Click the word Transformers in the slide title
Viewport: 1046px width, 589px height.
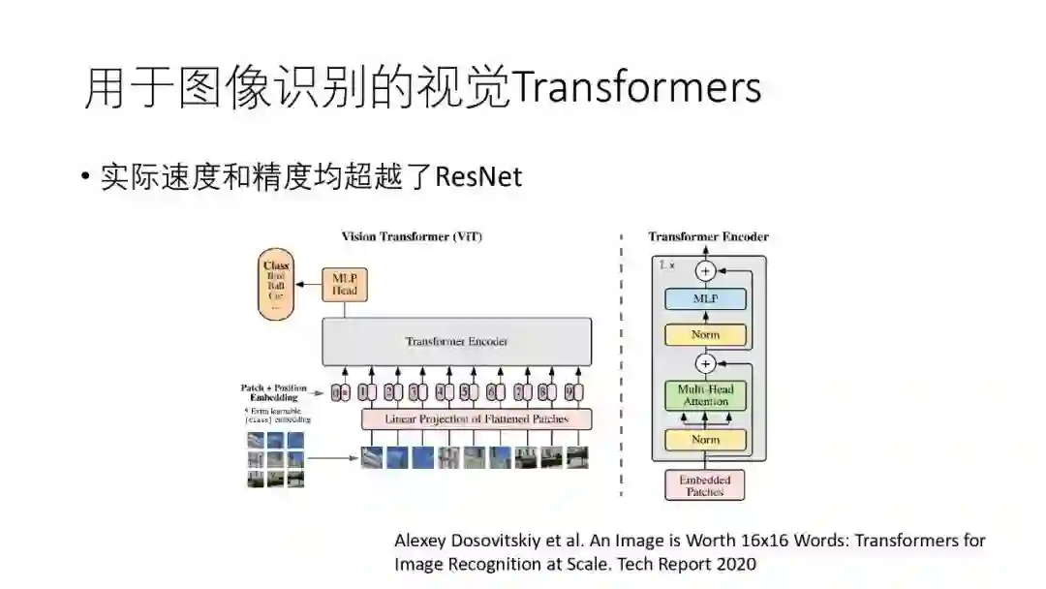(636, 88)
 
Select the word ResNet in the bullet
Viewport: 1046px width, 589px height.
(478, 177)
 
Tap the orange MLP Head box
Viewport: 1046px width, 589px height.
(345, 284)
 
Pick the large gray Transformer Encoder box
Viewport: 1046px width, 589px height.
(456, 341)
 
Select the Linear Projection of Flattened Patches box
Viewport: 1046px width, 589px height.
(476, 419)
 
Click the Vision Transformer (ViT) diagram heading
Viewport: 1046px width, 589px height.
(412, 236)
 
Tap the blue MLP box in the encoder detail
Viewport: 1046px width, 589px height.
(705, 299)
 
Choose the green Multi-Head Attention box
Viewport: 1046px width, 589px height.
(705, 395)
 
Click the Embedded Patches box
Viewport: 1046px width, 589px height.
(705, 484)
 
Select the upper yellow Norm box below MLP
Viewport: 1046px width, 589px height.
(705, 335)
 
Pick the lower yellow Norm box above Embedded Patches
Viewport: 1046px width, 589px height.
(705, 440)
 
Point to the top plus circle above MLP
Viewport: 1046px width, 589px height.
(705, 271)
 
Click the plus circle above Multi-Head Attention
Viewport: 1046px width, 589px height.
(705, 364)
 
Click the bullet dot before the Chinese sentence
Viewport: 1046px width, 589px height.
(86, 176)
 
